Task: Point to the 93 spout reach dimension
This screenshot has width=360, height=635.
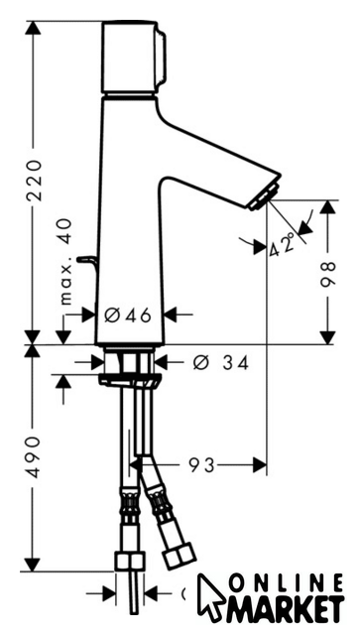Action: click(201, 465)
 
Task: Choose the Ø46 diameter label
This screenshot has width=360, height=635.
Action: click(128, 316)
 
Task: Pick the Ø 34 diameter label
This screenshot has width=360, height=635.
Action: click(221, 363)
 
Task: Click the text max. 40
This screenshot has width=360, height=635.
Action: click(65, 261)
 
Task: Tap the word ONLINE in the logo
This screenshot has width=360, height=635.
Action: click(287, 584)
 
